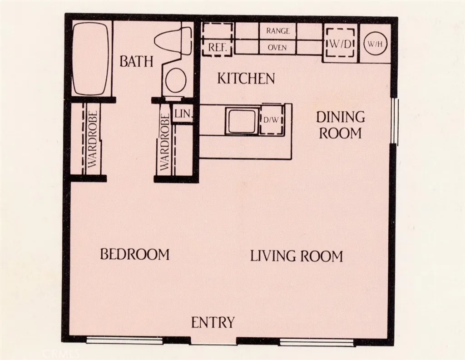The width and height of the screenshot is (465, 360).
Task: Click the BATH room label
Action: pos(136,61)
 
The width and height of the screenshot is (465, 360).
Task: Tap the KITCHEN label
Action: pos(246,79)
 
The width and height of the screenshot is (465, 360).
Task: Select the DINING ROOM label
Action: pos(341,125)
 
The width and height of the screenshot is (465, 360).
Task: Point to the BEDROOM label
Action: pos(134,254)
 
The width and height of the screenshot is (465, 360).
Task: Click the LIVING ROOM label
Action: pos(296,256)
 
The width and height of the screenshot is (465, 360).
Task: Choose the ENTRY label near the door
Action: pos(213,323)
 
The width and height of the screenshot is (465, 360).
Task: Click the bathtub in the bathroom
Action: pos(91,58)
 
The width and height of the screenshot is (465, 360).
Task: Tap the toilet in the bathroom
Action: pos(175,40)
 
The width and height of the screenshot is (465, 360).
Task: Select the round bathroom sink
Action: pos(176,81)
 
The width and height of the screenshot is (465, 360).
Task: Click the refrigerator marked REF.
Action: pos(218,39)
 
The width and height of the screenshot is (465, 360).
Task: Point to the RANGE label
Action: pos(277,31)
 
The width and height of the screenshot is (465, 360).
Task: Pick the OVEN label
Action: pos(277,47)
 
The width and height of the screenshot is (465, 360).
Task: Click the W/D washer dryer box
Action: pos(340,44)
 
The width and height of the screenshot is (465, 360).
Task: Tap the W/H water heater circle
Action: pos(375,44)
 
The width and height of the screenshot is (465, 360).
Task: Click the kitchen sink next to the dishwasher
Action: pos(242,121)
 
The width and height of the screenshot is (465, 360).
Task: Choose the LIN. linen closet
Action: pos(183,114)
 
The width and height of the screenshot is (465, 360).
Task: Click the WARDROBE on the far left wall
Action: pos(92,139)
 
